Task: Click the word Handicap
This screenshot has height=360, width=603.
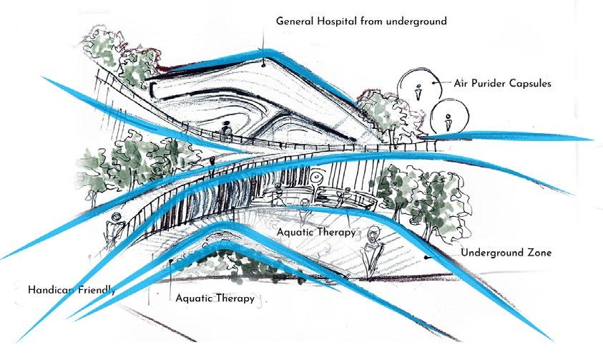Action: pyautogui.click(x=52, y=290)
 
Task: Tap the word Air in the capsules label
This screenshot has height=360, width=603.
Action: pyautogui.click(x=461, y=83)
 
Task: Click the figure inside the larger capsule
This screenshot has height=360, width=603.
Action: pyautogui.click(x=418, y=92)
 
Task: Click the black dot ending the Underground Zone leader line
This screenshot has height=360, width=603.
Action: pyautogui.click(x=426, y=254)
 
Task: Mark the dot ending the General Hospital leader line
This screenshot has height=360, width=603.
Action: pyautogui.click(x=263, y=62)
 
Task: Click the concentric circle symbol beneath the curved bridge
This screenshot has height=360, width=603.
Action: pyautogui.click(x=315, y=176)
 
